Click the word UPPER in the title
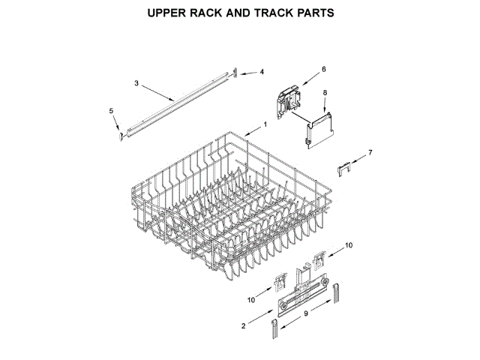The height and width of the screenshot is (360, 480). point(169,13)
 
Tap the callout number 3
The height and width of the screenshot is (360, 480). point(136,82)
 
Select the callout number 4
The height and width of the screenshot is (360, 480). point(262,72)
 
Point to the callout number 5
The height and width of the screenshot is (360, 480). point(111,111)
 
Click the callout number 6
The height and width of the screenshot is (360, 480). point(324,69)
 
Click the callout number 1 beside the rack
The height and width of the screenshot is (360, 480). point(265,124)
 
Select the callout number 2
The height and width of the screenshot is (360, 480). point(242,325)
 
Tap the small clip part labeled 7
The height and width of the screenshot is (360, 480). point(346,166)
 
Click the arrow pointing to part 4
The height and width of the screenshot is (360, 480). point(250,72)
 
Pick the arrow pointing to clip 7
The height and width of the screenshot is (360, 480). point(358,157)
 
